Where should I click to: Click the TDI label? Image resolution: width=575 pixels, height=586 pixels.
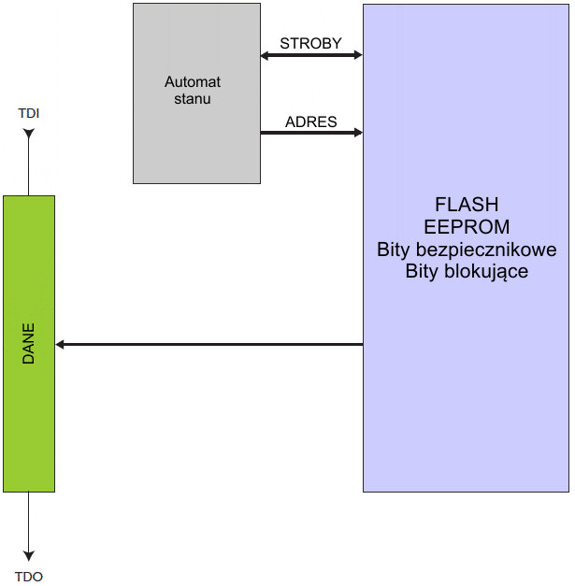pos(29,114)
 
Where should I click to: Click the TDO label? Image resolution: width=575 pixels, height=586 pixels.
pos(29,577)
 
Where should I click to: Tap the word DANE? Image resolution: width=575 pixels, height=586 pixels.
pos(29,344)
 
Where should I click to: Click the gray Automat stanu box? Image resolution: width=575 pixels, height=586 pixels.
pos(196,140)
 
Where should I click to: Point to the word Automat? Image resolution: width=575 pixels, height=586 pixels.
pos(193,82)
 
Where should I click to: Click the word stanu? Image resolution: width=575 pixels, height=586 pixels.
pos(193,98)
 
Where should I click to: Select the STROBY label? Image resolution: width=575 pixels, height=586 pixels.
pos(310,44)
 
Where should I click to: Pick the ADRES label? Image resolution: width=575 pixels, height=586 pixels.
pos(310,122)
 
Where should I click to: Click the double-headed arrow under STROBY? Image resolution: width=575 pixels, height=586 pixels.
pos(310,56)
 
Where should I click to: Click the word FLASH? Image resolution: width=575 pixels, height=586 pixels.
pos(467,205)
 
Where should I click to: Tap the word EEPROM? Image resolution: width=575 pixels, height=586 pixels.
pos(467,227)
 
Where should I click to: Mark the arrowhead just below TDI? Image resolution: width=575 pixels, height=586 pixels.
pos(29,135)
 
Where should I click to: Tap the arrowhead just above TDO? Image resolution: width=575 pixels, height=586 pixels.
pos(29,554)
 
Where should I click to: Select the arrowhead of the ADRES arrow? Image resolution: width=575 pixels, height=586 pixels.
pos(356,133)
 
